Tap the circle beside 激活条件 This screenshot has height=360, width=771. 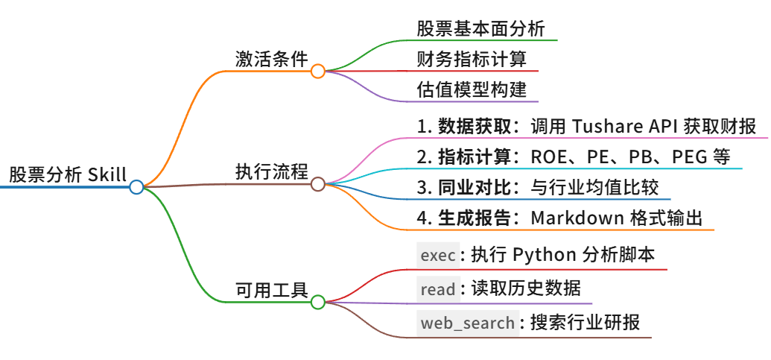317,71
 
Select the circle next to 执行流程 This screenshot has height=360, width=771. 317,184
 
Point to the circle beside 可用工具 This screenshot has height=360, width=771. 317,302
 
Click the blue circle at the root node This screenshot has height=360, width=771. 136,187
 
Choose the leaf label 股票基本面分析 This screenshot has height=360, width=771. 481,29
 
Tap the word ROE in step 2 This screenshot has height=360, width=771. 547,157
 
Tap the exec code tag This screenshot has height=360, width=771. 437,256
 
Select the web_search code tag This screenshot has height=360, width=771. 467,323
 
